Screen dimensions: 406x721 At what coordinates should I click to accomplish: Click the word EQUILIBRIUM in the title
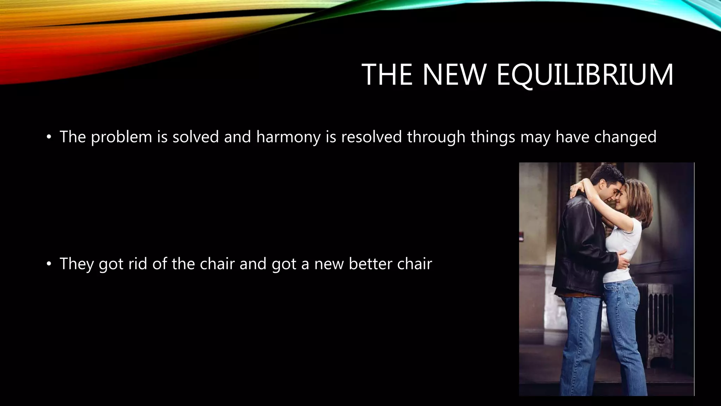pyautogui.click(x=585, y=75)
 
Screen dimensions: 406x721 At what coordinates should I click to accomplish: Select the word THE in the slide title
pyautogui.click(x=387, y=75)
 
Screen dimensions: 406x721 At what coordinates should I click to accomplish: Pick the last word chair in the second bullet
pyautogui.click(x=414, y=264)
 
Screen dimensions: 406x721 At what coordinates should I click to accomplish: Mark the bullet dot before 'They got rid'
pyautogui.click(x=49, y=264)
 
